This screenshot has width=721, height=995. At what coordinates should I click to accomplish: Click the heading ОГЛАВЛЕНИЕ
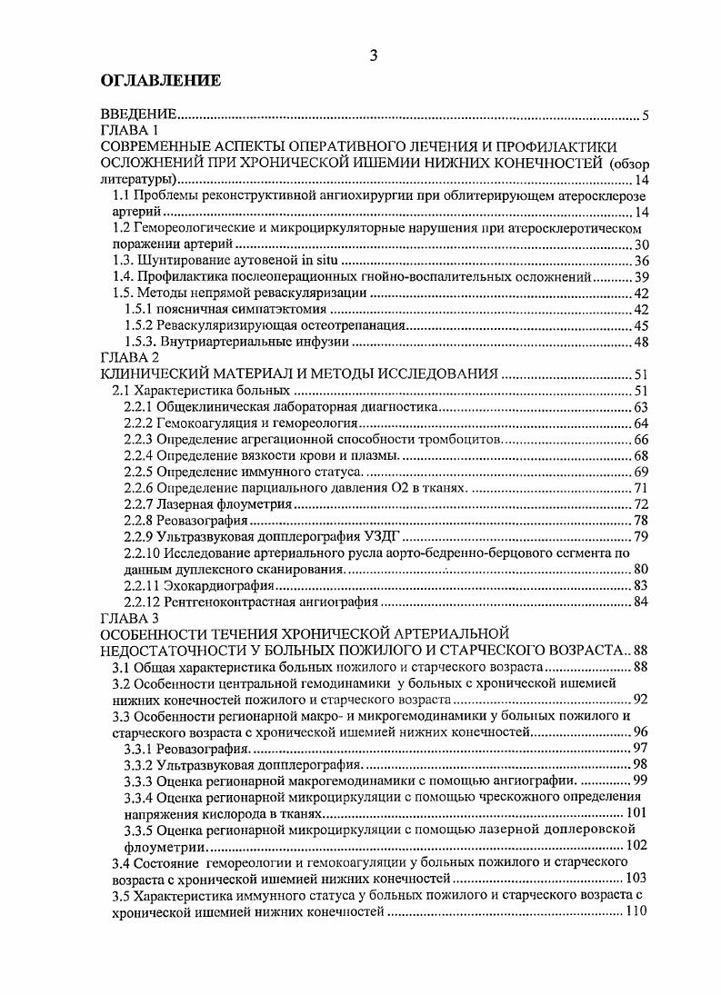[160, 81]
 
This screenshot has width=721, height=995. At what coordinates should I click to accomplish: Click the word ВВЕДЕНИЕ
[137, 115]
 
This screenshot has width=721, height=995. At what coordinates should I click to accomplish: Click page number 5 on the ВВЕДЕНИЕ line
[644, 115]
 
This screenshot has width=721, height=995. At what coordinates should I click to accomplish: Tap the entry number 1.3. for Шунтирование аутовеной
[124, 261]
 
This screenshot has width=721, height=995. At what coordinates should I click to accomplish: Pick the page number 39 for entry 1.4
[639, 276]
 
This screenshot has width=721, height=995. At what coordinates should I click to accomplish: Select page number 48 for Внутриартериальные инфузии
[639, 342]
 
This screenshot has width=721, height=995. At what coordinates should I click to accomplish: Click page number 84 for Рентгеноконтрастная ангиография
[639, 602]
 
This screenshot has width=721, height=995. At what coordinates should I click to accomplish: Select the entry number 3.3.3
[138, 780]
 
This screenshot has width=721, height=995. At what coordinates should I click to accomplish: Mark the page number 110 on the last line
[636, 910]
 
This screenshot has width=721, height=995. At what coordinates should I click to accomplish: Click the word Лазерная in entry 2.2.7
[184, 504]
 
